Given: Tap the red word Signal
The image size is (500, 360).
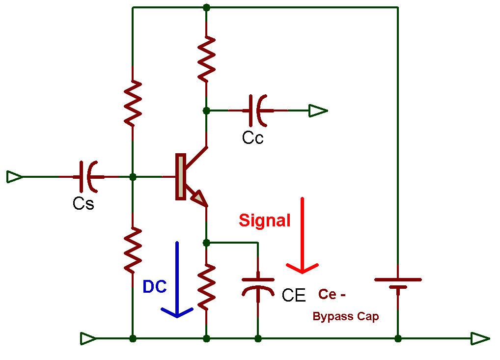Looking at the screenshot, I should [265, 221].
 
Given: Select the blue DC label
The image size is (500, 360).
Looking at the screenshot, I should [154, 287].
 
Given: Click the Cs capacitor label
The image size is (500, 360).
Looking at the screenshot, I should [83, 203].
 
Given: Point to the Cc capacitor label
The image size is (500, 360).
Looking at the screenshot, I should [253, 138].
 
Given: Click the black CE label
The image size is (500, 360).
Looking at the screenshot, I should [294, 295].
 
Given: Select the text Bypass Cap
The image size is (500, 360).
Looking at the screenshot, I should [346, 316].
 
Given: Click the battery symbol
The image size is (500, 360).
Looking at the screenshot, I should [397, 284].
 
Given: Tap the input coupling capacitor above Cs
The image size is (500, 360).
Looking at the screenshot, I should [88, 176].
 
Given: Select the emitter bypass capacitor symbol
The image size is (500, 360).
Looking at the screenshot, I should [257, 285].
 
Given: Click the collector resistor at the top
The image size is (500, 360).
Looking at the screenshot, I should [206, 57].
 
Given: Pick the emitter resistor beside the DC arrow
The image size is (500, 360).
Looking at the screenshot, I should [206, 285].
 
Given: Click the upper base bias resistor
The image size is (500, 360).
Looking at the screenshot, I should [132, 104].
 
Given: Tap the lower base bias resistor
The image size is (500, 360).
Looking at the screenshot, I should [132, 250].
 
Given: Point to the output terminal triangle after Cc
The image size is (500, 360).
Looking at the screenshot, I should [318, 111].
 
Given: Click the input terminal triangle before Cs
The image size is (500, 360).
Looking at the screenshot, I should [15, 176].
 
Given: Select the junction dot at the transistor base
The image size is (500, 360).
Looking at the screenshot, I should [132, 176].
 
